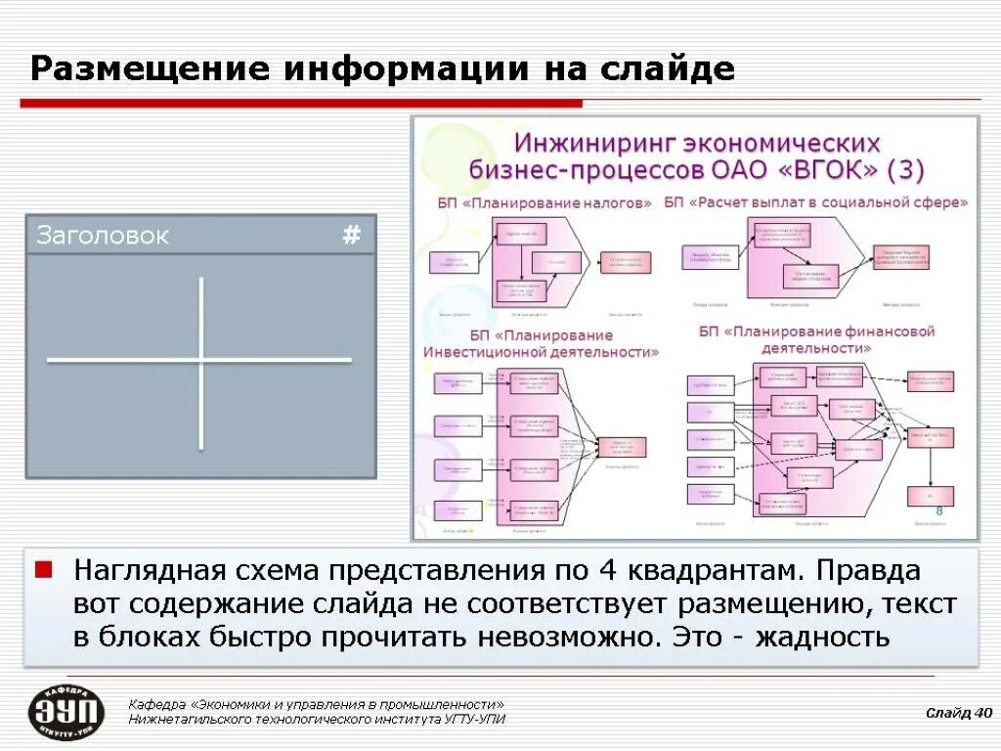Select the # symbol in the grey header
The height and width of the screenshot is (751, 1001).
click(x=352, y=235)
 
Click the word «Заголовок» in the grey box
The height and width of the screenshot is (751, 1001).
click(x=102, y=236)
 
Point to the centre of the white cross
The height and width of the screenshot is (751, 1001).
click(x=201, y=361)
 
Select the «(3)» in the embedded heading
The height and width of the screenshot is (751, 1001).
click(x=905, y=169)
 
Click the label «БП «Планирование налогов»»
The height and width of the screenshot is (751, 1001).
click(x=544, y=203)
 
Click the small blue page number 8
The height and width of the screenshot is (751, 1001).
click(x=939, y=513)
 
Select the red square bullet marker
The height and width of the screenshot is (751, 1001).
click(x=43, y=568)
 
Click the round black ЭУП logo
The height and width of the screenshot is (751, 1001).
click(x=66, y=712)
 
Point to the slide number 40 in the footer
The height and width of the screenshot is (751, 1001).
click(x=982, y=712)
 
